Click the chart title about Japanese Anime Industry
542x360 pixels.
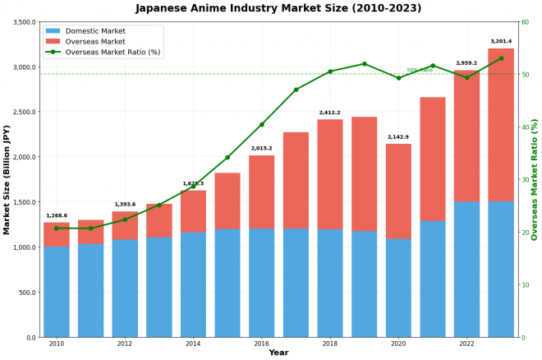[278, 8]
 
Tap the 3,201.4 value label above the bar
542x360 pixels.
[501, 41]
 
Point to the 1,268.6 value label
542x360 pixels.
[57, 215]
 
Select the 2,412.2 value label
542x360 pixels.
[330, 113]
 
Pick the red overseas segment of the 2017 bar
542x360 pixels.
[296, 180]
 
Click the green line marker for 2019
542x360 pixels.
[364, 63]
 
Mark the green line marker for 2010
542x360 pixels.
[57, 228]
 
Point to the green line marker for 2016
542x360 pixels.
[262, 125]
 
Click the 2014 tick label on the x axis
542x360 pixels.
[193, 344]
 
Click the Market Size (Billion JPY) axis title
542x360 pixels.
[7, 179]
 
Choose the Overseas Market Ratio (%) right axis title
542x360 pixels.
[535, 179]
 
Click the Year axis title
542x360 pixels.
[278, 353]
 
